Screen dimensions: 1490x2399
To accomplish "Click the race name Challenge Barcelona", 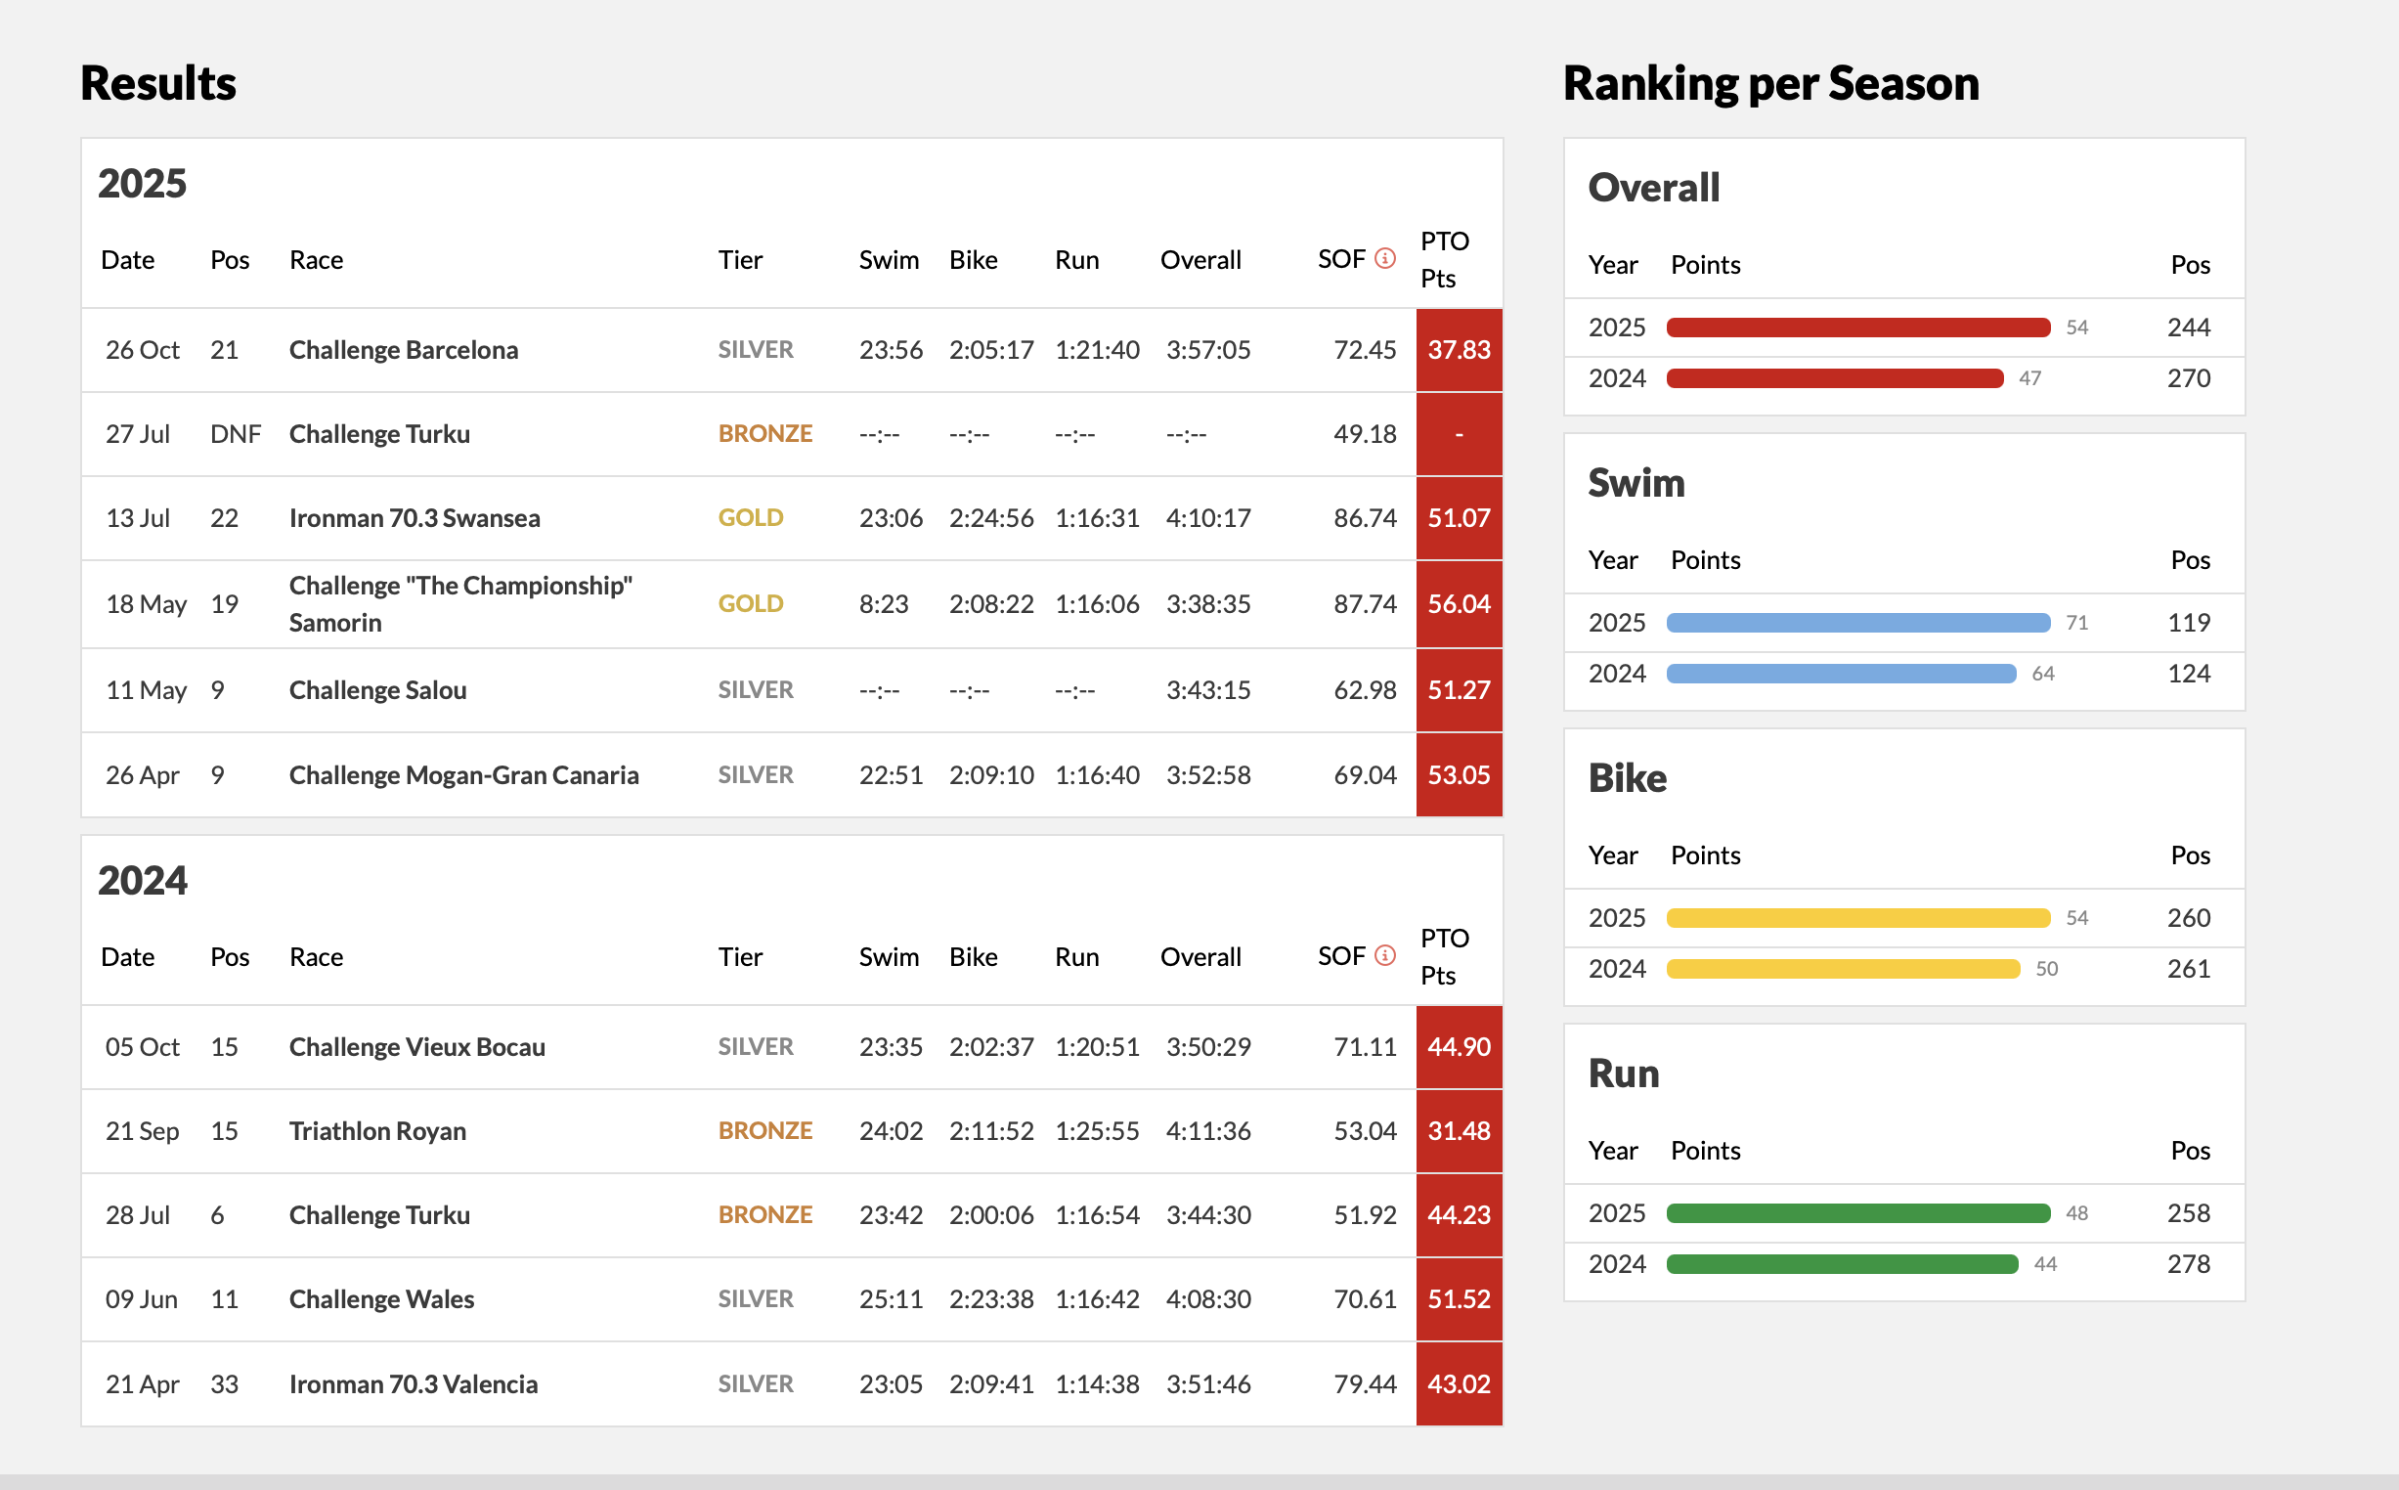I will (x=403, y=350).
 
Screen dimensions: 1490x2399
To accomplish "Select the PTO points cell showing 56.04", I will (x=1459, y=604).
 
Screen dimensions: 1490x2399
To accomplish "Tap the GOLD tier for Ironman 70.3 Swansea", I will (x=750, y=518).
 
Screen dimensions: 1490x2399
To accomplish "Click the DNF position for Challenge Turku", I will (x=235, y=433).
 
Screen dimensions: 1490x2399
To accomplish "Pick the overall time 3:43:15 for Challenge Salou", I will (x=1208, y=690).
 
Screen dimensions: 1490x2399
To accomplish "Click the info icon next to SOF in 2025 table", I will (x=1384, y=259).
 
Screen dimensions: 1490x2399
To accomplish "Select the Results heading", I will (x=157, y=83).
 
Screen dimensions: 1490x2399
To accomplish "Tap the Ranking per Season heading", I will (x=1770, y=83).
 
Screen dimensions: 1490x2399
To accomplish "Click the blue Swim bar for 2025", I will (x=1857, y=623).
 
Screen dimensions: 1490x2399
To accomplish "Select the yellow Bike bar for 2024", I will (x=1843, y=969).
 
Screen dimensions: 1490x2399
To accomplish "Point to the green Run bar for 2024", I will (x=1842, y=1264).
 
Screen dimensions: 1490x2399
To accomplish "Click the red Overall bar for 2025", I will (x=1857, y=328).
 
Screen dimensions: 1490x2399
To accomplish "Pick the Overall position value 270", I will (x=2188, y=378).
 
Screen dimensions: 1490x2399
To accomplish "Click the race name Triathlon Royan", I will (x=377, y=1131).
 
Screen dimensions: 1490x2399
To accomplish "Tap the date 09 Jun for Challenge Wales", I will (x=141, y=1298).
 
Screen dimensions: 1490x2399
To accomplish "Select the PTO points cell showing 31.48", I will (x=1459, y=1131).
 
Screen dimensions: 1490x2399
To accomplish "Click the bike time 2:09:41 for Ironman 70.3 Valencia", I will (x=991, y=1383).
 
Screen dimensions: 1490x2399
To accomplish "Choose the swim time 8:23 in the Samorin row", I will (x=883, y=604).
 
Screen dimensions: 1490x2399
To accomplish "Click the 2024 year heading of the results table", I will (x=142, y=880).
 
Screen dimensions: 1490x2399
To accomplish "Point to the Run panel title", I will (x=1623, y=1074).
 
